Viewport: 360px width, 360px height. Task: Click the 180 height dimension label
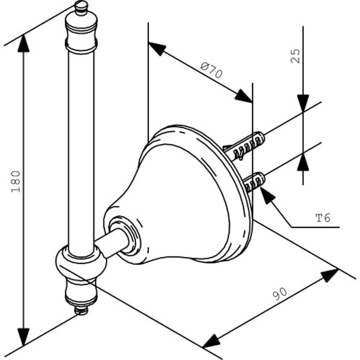pos(16,181)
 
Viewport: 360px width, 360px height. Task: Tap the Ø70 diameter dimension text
pos(211,70)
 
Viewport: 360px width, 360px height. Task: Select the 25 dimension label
pos(295,56)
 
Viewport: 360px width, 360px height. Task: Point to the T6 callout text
pos(323,218)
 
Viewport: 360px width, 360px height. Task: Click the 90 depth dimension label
pos(280,293)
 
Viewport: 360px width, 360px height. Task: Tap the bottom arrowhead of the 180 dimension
pos(23,337)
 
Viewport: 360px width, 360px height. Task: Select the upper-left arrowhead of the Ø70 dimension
pos(157,48)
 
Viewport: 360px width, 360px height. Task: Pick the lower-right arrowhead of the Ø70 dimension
pos(243,96)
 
